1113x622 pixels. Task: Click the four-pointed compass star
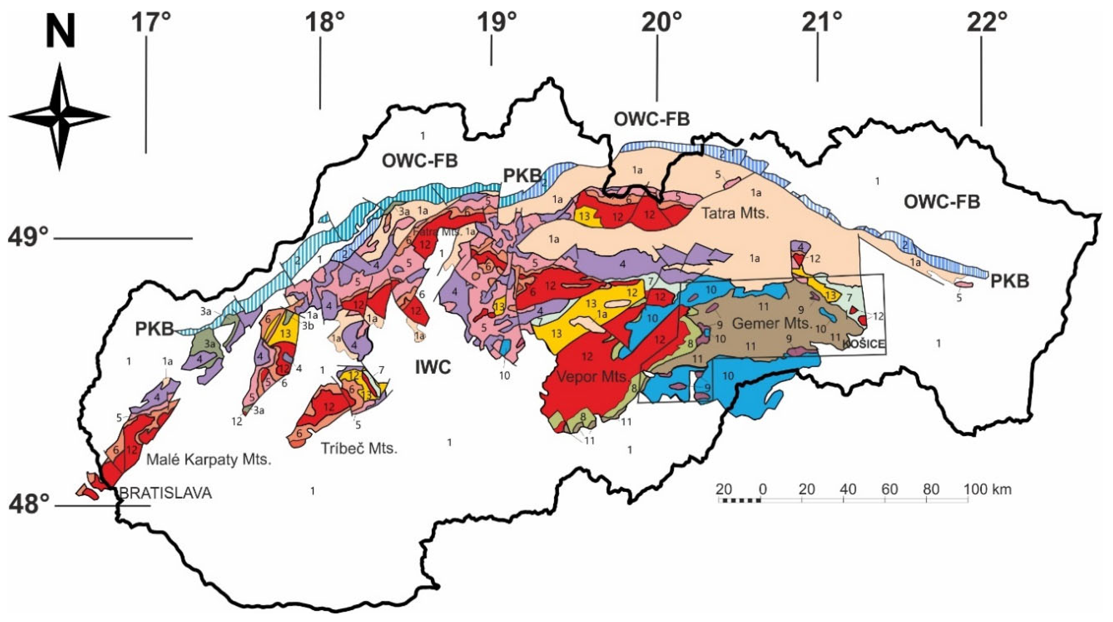[59, 117]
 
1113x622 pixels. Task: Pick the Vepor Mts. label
[593, 377]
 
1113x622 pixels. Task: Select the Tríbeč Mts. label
[359, 449]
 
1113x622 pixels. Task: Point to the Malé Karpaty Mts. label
[209, 460]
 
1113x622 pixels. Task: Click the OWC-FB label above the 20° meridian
[652, 119]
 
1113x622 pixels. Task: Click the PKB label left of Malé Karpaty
[155, 329]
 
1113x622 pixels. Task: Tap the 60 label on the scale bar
[889, 489]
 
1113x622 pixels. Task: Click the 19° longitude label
[497, 22]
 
